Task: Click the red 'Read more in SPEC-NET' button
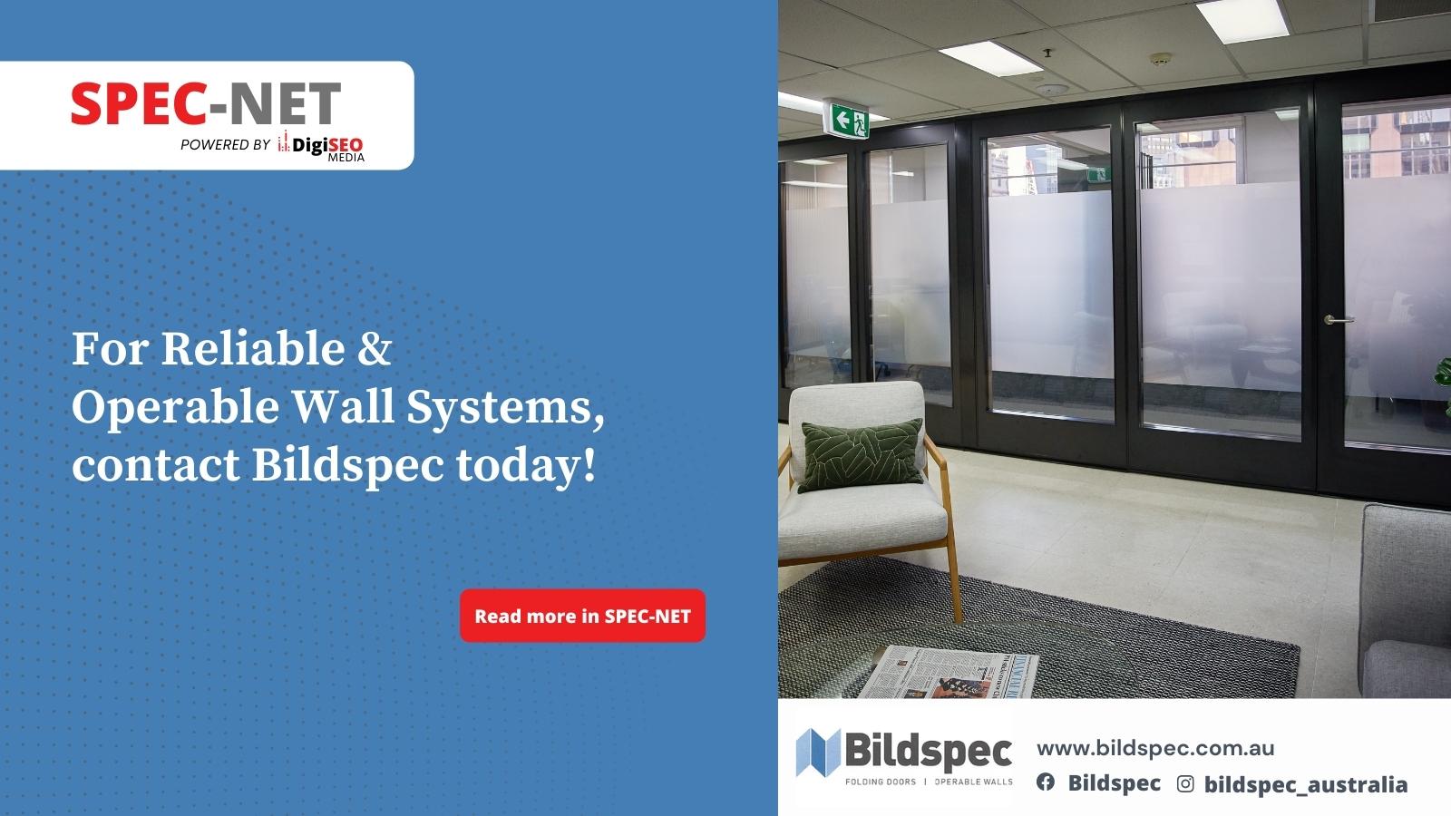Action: pyautogui.click(x=582, y=616)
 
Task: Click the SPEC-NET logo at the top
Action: pyautogui.click(x=206, y=103)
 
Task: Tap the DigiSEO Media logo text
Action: pyautogui.click(x=321, y=146)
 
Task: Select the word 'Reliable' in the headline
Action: pyautogui.click(x=253, y=348)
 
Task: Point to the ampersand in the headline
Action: pyautogui.click(x=375, y=348)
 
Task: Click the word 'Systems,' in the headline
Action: pyautogui.click(x=505, y=408)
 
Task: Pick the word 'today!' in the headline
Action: pyautogui.click(x=526, y=465)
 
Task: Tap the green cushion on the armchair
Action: pyautogui.click(x=862, y=454)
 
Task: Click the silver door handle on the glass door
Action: pyautogui.click(x=1339, y=320)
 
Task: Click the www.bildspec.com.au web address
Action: pyautogui.click(x=1155, y=749)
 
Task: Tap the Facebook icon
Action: pyautogui.click(x=1045, y=782)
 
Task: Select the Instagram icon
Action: pyautogui.click(x=1184, y=783)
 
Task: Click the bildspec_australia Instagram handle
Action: pyautogui.click(x=1305, y=785)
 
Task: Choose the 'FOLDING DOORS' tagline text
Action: pyautogui.click(x=881, y=782)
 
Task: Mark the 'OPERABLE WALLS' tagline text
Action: pyautogui.click(x=974, y=782)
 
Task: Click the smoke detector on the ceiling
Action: pyautogui.click(x=1160, y=59)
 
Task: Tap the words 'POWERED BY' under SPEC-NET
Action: pyautogui.click(x=225, y=144)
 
